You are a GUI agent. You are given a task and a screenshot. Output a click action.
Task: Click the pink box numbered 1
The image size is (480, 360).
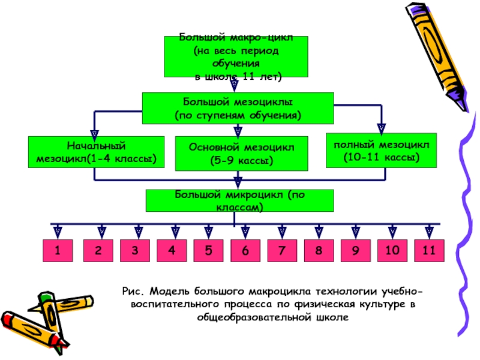tap(57, 251)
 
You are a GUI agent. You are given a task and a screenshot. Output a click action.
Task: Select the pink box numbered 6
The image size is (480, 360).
tap(245, 251)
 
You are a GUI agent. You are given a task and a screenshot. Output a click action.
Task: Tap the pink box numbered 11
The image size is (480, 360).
tap(428, 251)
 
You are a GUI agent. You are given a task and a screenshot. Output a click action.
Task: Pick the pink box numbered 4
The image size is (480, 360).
tap(172, 251)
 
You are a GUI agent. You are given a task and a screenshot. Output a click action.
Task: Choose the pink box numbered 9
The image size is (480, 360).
tap(355, 251)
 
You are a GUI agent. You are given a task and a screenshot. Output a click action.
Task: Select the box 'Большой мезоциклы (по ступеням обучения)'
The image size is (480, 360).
tap(238, 109)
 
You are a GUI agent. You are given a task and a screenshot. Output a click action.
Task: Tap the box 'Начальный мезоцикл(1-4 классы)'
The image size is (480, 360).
tap(96, 152)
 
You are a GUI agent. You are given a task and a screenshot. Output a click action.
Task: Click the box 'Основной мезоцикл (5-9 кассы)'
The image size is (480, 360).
tap(241, 153)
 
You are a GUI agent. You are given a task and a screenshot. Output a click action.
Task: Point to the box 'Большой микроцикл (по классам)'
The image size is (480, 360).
tap(238, 200)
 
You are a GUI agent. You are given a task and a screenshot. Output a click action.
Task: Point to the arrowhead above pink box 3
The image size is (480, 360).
tap(139, 230)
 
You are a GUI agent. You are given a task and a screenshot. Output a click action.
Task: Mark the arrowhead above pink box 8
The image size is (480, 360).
tap(319, 230)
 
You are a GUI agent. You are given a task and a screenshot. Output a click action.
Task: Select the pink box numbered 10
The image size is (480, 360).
tap(392, 251)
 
